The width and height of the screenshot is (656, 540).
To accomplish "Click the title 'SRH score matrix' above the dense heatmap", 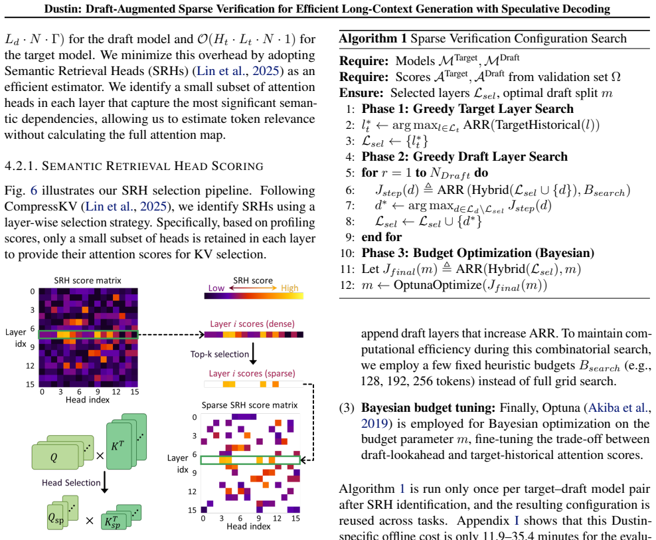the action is click(x=88, y=280).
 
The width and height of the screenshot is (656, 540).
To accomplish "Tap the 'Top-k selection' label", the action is click(x=220, y=354).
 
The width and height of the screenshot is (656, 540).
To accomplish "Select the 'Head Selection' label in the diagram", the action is click(x=71, y=483).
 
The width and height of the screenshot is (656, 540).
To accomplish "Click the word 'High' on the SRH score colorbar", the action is click(x=289, y=288).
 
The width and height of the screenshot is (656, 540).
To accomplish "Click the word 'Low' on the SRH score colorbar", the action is click(x=216, y=288).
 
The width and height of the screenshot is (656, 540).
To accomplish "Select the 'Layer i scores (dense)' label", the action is click(x=252, y=323).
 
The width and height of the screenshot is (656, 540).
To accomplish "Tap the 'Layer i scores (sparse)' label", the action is click(x=252, y=373).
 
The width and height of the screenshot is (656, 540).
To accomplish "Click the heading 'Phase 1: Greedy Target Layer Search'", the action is click(x=467, y=109).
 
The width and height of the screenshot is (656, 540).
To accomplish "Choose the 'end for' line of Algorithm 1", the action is click(x=382, y=237).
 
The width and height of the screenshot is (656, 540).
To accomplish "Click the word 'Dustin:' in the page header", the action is click(x=63, y=9).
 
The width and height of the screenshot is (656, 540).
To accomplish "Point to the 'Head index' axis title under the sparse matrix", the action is click(x=248, y=526).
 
